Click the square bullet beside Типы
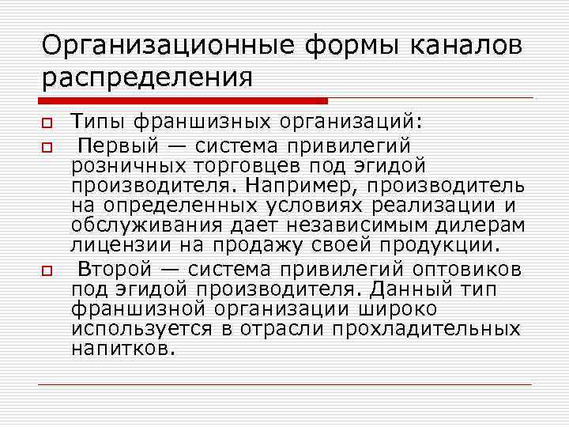[47, 124]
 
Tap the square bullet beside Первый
[47, 146]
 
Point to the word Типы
[97, 123]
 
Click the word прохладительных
[426, 327]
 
